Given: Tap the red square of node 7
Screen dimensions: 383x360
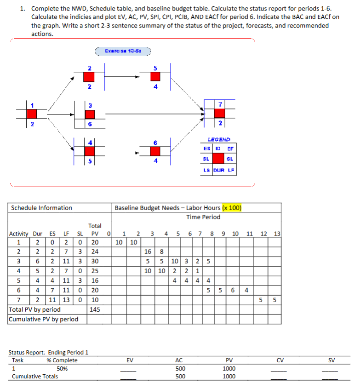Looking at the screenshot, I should pos(220,112).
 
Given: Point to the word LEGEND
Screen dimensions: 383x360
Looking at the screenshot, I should pos(219,139).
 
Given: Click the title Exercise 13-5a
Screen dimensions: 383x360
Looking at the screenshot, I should pos(123,51).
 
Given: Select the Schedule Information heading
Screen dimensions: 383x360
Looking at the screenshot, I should pos(41,208).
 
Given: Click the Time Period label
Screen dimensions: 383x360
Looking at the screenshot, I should pos(203,217).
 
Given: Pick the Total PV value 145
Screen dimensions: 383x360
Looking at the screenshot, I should pos(95,310).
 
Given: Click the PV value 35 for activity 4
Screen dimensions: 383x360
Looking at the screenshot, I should pos(95,269).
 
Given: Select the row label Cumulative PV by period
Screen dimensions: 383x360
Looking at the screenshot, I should pos(44,319).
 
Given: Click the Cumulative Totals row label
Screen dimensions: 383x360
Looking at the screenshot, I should pos(35,376).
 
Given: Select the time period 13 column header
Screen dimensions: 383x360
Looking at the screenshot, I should pos(277,234).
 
